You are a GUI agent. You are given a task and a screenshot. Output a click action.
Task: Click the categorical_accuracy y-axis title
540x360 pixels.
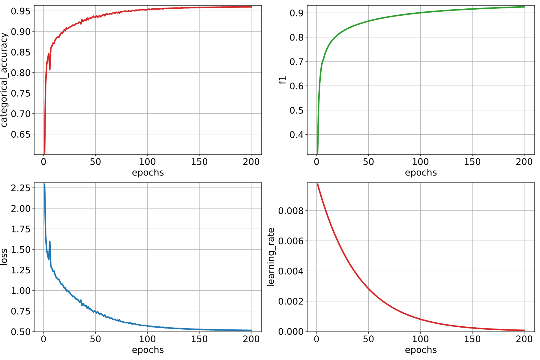4,80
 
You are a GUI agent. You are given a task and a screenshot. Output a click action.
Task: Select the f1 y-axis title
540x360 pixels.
283,80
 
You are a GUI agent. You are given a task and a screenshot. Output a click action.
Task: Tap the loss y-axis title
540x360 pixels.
4,257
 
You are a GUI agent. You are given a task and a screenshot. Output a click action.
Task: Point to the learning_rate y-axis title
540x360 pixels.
271,257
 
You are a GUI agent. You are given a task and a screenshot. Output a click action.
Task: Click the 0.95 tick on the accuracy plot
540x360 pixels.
21,11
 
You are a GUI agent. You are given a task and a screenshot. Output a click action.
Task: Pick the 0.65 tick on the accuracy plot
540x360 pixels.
21,134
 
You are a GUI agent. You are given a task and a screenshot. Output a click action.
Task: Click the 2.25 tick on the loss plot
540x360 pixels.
21,188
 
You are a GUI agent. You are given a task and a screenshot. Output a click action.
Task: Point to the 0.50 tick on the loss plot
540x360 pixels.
21,331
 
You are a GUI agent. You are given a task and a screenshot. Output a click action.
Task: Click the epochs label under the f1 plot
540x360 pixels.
421,173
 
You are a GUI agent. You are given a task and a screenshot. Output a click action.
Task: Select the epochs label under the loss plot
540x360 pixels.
148,350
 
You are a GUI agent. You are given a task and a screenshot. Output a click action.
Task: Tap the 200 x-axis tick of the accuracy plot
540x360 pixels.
251,162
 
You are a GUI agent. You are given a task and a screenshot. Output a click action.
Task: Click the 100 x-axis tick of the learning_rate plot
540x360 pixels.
420,339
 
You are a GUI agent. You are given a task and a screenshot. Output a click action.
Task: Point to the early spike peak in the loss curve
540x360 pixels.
50,241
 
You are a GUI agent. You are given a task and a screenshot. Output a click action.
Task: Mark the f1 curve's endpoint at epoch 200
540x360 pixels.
524,7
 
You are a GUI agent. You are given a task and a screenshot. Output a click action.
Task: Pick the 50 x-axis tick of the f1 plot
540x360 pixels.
368,162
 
